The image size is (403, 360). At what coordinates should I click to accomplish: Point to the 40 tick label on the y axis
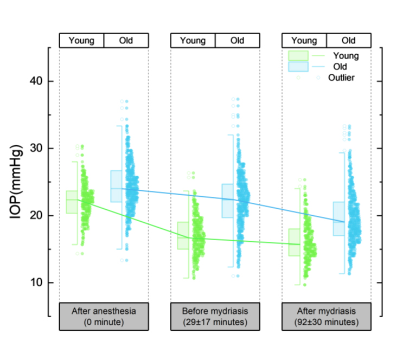(37, 81)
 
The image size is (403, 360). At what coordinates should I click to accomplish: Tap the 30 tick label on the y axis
(37, 149)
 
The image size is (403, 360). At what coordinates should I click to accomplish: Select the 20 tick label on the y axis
(37, 216)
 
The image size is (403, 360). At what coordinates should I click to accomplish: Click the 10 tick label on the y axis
(37, 283)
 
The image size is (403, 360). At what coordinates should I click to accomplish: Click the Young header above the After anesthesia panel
(81, 41)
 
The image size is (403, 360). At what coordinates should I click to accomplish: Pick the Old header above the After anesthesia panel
(126, 41)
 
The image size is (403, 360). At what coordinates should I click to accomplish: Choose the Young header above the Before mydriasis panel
(193, 41)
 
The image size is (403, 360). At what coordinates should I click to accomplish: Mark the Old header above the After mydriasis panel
(349, 41)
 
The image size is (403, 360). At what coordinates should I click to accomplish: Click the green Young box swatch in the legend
(298, 55)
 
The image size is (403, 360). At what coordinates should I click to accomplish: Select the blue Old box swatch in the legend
(298, 66)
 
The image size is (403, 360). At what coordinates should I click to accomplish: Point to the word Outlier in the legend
(341, 78)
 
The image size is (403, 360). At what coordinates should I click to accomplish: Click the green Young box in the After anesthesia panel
(72, 202)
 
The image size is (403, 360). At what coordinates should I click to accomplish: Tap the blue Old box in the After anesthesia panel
(116, 186)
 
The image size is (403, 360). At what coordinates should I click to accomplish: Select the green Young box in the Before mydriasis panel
(183, 235)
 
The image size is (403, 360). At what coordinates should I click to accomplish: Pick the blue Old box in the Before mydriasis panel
(228, 201)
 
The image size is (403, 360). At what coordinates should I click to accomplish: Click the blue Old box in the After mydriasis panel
(339, 218)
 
